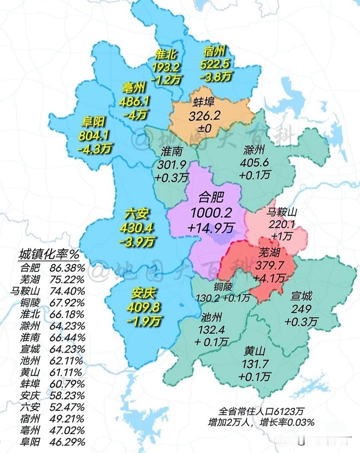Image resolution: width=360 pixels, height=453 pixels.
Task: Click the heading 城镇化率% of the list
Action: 49,255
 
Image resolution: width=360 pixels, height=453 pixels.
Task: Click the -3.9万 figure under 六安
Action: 137,242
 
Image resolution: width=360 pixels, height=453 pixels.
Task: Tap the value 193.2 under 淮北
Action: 166,68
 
